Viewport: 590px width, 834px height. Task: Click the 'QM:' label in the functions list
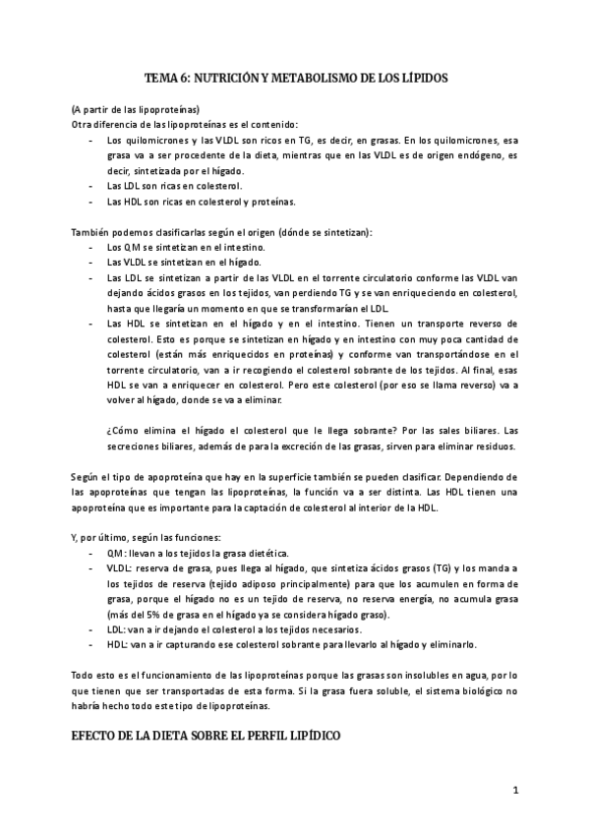[116, 555]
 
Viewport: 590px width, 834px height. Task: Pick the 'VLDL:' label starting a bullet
[120, 570]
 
